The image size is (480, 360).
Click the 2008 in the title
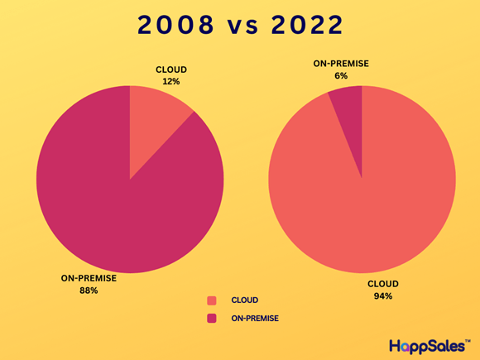[175, 25]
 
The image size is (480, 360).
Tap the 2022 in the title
[307, 25]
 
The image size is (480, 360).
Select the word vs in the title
[243, 27]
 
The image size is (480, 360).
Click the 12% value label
[171, 82]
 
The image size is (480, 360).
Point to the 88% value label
[89, 290]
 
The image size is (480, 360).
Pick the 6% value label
[341, 75]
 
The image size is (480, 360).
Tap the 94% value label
[383, 296]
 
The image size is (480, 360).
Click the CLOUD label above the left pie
[171, 70]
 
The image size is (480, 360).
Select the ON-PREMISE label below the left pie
[89, 278]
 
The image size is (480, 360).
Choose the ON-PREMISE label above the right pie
[341, 64]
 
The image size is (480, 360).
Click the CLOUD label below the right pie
[383, 284]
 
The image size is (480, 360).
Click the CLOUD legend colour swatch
[212, 300]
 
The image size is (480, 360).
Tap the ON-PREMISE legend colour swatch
[212, 319]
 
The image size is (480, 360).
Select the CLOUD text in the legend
[245, 300]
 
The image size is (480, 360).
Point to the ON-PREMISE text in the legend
[255, 319]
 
